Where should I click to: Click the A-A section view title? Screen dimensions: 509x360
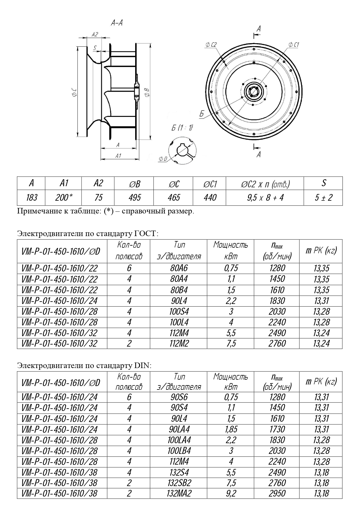117,23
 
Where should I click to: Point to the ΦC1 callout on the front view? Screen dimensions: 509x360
294,45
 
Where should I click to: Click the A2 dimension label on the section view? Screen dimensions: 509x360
95,35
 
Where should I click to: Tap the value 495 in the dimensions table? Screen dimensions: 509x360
134,198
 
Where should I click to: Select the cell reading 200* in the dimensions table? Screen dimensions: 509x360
63,198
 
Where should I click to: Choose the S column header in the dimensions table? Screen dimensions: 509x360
323,183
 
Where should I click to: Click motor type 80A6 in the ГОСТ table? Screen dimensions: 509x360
179,268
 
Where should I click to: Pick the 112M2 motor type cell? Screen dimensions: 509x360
179,343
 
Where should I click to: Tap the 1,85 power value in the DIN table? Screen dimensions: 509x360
231,429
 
